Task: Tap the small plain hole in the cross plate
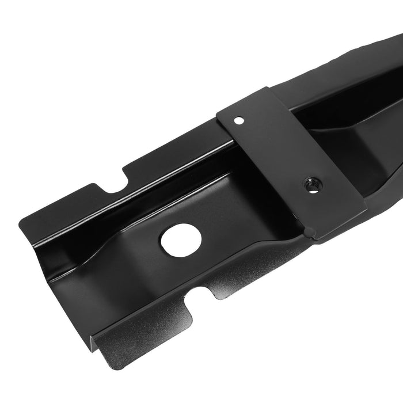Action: coord(237,121)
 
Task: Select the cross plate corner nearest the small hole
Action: coord(220,111)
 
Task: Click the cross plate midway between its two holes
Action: coord(275,153)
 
